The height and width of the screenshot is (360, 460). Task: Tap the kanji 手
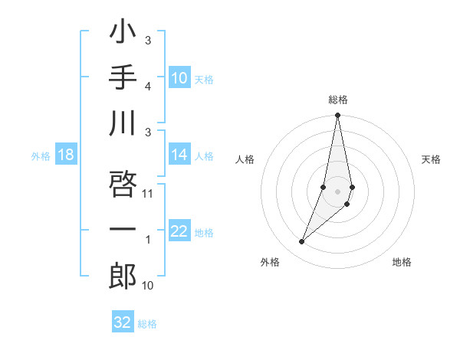pos(123,78)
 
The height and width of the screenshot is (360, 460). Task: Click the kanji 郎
pos(123,276)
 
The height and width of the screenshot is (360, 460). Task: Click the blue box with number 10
pos(179,78)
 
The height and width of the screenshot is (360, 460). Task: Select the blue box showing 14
pos(179,155)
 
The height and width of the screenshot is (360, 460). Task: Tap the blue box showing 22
pos(179,232)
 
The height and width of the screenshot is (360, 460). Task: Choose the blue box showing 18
pos(66,155)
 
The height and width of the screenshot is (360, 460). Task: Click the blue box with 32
pos(123,322)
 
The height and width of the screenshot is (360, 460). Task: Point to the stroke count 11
pos(149,193)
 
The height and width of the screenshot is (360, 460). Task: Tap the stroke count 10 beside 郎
pos(149,286)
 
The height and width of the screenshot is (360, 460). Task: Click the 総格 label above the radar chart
pos(338,100)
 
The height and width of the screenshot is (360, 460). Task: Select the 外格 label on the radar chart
pos(270,262)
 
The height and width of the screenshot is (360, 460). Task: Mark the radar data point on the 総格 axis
pos(338,116)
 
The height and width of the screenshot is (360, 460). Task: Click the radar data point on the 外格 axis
pos(302,242)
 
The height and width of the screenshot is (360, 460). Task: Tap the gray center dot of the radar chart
pos(338,191)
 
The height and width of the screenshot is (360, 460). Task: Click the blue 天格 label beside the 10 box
pos(204,80)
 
